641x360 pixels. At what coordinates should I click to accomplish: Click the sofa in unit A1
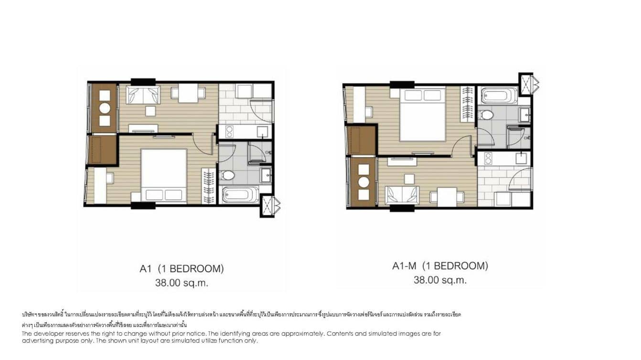tap(143, 95)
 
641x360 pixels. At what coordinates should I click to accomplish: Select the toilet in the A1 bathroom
tap(228, 176)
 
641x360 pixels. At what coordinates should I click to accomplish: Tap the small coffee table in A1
tap(150, 111)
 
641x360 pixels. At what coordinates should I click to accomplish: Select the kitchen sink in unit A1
tap(262, 131)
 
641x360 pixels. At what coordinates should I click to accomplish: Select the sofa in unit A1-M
tap(402, 195)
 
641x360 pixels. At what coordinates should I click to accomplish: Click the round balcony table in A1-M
tap(363, 182)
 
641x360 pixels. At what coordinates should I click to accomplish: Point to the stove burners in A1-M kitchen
tap(488, 159)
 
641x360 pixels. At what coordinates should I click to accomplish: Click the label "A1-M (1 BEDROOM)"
tap(440, 266)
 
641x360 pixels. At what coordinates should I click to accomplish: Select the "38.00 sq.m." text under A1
tap(182, 283)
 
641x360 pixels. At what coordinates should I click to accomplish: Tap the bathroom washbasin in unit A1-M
tap(523, 114)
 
